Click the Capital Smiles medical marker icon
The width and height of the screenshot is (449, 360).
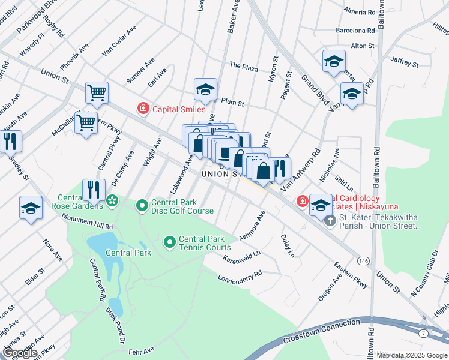coord(143,109)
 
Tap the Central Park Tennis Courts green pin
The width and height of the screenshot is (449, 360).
coord(170,242)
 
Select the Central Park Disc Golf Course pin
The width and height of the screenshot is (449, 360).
coord(142,206)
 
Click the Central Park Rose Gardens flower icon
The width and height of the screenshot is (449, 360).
coord(112,201)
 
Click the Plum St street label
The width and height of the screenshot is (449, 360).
coord(233,103)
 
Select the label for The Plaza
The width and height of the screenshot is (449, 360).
coord(244,66)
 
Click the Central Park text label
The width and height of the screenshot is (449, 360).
coord(128,253)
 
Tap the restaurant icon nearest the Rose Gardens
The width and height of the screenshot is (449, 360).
coord(94,190)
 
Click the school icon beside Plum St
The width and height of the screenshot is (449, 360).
coord(205,90)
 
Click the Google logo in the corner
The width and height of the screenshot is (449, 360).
coord(20,353)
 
